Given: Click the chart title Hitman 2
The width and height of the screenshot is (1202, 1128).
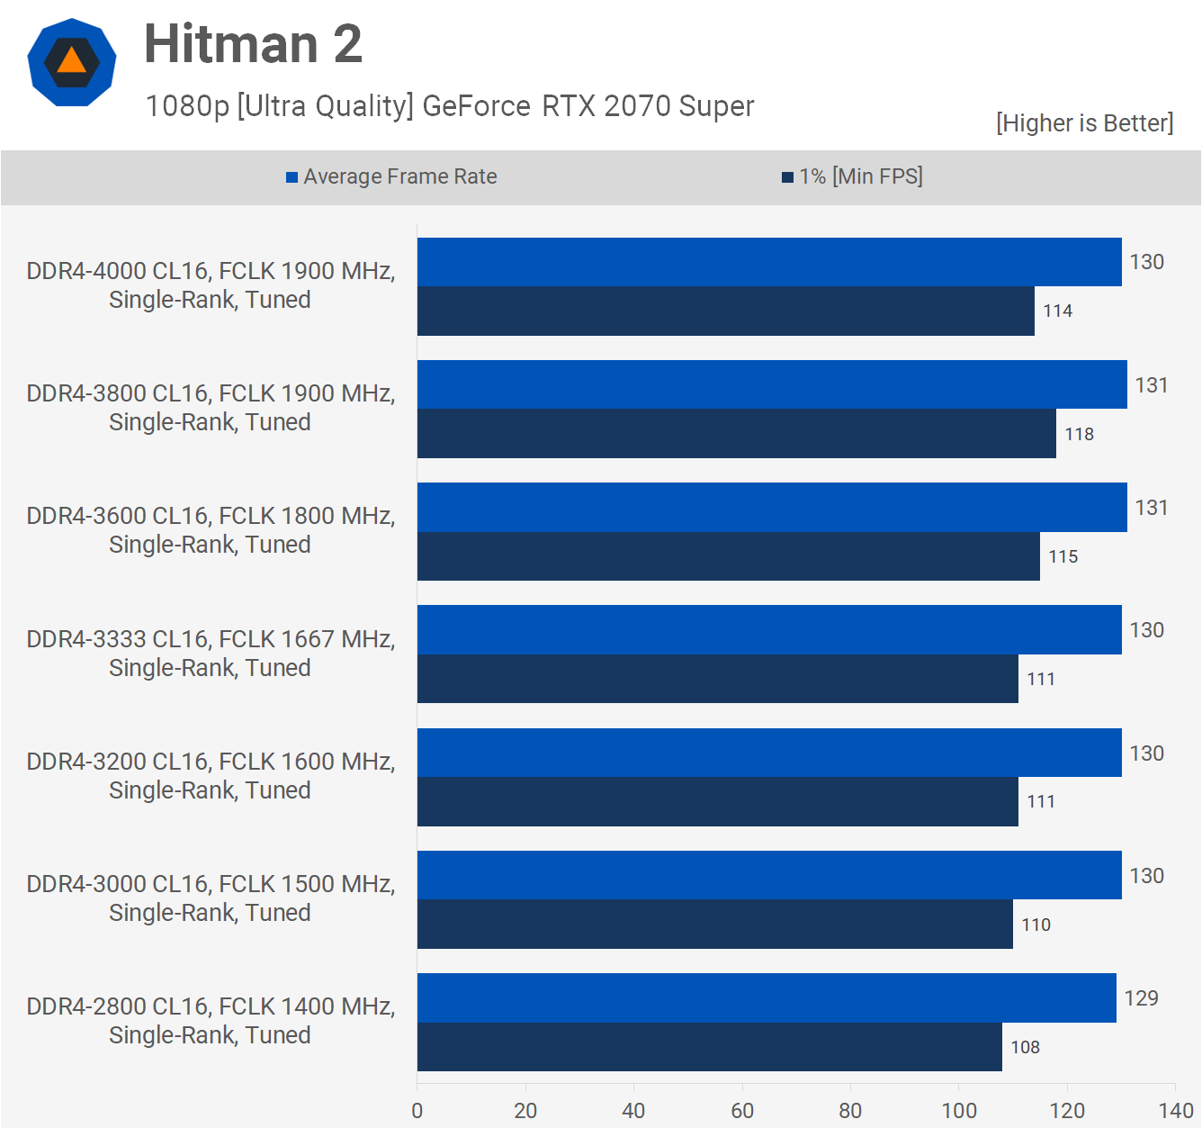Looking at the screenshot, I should (x=253, y=43).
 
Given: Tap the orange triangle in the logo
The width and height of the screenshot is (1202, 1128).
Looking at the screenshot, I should (x=71, y=61).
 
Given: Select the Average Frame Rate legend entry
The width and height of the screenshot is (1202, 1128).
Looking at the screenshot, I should (x=391, y=176).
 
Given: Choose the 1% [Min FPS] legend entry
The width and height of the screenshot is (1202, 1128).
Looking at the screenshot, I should (x=852, y=176).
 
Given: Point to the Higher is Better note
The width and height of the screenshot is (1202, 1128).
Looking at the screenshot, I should (x=1084, y=122).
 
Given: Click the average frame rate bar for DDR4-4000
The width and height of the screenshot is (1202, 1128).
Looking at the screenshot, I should (x=769, y=262).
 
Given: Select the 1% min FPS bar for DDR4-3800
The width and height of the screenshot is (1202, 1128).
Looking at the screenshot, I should (x=736, y=434).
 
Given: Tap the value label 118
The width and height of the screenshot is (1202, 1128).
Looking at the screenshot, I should (x=1079, y=434).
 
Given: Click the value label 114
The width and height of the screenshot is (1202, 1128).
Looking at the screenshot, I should (x=1057, y=311).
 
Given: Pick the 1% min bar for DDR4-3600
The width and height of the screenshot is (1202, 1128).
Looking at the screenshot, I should (x=728, y=556).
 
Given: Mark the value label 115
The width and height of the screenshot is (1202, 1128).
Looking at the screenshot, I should (x=1063, y=556).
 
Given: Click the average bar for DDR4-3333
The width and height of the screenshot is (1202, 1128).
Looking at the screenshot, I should (x=769, y=630).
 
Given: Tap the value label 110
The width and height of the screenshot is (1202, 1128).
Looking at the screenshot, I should (x=1036, y=925).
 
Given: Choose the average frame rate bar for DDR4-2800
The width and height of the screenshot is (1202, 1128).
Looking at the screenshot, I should (x=767, y=997).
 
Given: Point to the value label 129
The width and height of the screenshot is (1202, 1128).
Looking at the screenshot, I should (x=1141, y=997).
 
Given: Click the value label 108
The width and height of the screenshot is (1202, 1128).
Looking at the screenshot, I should (x=1025, y=1047).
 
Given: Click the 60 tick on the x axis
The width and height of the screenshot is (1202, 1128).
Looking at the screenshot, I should (x=742, y=1110).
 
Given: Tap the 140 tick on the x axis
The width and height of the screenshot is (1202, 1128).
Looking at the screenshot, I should (x=1176, y=1110).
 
